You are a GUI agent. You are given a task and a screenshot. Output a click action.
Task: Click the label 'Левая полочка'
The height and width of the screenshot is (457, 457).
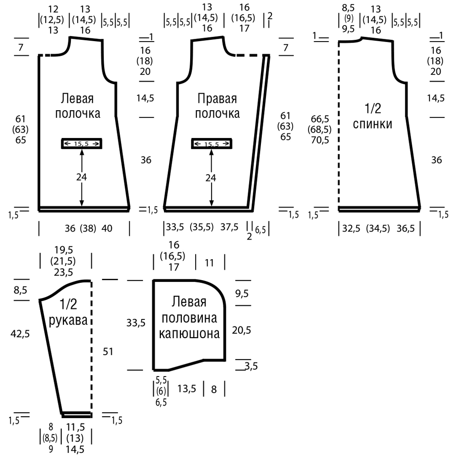coord(78,106)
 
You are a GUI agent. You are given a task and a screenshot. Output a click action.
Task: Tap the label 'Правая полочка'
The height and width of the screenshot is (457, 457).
coord(217,106)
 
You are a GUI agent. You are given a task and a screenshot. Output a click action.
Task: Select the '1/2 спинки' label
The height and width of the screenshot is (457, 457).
coord(372,116)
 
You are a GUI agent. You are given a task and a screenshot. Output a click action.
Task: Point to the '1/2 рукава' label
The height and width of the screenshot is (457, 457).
coord(68,312)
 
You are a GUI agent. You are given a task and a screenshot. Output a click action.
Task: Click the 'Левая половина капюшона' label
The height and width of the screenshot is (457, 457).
coord(189,318)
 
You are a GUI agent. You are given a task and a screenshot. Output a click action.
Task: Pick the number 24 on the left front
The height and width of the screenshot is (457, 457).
coord(82,177)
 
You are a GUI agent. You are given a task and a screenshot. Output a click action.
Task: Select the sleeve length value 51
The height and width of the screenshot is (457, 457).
coord(108,351)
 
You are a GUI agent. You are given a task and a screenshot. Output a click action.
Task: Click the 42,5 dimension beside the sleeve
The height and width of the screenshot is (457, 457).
coord(20,334)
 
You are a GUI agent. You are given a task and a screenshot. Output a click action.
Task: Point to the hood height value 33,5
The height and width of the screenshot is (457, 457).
coord(136,323)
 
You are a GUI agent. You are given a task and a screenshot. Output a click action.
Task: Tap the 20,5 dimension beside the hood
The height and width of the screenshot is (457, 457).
coord(242,330)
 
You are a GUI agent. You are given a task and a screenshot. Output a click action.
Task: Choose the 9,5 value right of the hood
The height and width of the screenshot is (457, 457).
coord(242,293)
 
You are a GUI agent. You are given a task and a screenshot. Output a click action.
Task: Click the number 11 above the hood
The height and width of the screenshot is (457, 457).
coord(209,263)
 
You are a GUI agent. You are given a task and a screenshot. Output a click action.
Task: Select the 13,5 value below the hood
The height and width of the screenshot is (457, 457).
coord(186,388)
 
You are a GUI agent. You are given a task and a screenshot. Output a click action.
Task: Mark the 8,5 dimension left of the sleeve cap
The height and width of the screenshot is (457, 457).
coord(21,290)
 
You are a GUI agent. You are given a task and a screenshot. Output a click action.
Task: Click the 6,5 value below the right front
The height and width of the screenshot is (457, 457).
coord(260,230)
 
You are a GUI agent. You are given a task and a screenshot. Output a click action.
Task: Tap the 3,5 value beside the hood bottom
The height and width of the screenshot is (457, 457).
coord(251,366)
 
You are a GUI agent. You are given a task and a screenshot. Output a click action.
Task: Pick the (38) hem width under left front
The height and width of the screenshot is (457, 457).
coord(88,228)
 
